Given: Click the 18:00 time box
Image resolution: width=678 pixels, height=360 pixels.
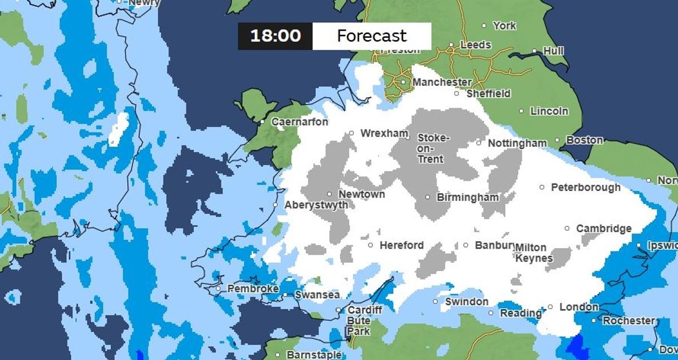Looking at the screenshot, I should [x=275, y=36].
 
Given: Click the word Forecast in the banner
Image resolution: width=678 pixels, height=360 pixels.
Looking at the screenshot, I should [x=372, y=36].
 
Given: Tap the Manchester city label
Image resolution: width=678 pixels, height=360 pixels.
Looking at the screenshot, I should [x=442, y=83].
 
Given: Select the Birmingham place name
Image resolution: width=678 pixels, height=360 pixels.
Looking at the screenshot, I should [x=468, y=197].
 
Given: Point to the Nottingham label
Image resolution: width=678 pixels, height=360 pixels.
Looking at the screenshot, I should [x=517, y=143].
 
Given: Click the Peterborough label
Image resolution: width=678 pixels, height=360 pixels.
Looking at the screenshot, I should [x=585, y=187].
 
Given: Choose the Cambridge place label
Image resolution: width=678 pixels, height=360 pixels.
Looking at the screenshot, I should [x=603, y=228].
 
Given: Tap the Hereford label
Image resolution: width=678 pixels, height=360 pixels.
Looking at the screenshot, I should [x=401, y=245].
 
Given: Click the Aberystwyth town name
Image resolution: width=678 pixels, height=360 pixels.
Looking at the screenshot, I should [x=316, y=205].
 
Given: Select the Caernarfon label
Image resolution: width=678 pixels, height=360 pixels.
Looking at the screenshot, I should [x=299, y=122].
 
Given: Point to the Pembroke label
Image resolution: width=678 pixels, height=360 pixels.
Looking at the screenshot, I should [x=253, y=289].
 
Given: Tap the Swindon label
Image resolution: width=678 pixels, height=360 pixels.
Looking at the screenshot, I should [x=467, y=301].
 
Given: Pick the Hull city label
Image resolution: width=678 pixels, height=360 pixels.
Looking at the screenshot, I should [x=553, y=51].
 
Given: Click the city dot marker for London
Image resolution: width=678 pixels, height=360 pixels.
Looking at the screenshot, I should [x=550, y=307].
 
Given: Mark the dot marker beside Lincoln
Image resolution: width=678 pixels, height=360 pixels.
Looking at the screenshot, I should [x=521, y=111].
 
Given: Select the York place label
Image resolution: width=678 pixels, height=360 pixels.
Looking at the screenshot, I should [x=504, y=25].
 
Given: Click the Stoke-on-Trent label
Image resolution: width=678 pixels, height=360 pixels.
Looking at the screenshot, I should [x=433, y=148].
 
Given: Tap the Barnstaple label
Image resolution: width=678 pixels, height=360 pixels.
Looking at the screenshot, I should [x=314, y=355].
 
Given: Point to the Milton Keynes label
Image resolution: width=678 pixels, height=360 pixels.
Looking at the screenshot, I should [x=533, y=253].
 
